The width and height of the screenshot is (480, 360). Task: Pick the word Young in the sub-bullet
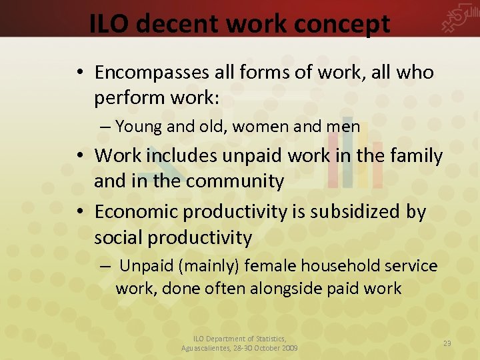point(139,127)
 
